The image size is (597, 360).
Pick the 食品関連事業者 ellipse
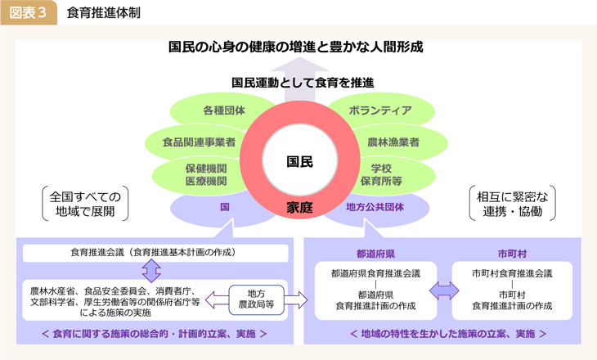[199, 142]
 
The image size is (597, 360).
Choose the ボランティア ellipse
[379, 110]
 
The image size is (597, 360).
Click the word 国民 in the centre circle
[299, 161]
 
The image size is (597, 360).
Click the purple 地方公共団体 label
[375, 207]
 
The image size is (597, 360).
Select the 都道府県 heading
[375, 254]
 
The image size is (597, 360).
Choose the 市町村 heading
[512, 254]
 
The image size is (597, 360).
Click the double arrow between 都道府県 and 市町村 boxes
[444, 290]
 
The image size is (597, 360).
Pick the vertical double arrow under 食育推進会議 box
[151, 271]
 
